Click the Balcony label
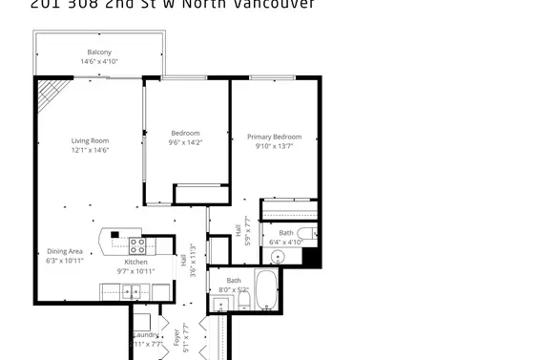(99, 52)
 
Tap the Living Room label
(90, 140)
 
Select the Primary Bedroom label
(274, 137)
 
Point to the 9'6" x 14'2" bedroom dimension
(185, 141)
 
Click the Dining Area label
(65, 251)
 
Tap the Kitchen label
(136, 261)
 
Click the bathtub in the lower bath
(266, 289)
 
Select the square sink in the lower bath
(220, 305)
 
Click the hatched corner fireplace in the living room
(52, 94)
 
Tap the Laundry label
(146, 335)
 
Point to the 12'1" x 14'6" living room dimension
(90, 150)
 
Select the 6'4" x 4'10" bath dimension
(286, 242)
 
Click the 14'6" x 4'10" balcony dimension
(99, 61)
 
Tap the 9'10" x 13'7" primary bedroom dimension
(274, 146)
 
